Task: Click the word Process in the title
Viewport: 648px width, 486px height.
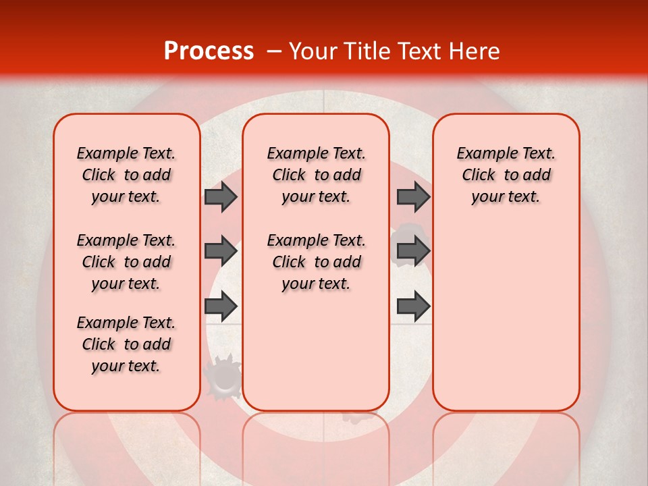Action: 208,51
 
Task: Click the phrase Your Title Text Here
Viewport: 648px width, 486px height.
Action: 394,51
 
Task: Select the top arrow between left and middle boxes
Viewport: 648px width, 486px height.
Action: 221,196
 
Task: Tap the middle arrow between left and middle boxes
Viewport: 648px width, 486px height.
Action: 221,252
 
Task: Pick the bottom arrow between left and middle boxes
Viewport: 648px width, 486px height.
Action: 221,306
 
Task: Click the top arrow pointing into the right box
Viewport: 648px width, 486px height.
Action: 413,196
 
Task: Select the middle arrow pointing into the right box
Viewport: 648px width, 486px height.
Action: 413,252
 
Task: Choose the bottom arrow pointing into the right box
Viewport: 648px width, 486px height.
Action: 413,306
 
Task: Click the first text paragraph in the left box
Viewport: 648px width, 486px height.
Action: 126,175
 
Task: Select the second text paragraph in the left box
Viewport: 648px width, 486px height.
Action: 126,262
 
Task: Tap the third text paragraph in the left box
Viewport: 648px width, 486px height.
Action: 126,344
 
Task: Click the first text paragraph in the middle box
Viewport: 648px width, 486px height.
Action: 316,175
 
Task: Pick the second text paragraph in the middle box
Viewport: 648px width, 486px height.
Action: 316,262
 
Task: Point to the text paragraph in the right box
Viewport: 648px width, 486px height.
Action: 506,175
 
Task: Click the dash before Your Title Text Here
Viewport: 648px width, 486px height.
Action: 274,52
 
